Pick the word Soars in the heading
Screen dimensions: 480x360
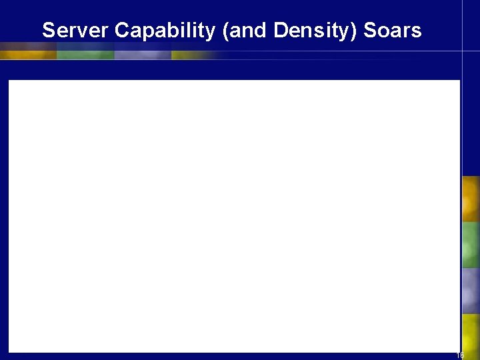(394, 31)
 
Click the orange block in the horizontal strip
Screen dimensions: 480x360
(28, 51)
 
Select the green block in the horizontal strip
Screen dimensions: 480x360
(85, 51)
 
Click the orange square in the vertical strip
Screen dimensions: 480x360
(471, 199)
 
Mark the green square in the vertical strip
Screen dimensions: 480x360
(471, 245)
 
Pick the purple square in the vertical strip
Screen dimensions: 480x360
(471, 291)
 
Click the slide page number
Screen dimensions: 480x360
(460, 355)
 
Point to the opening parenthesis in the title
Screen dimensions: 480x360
(227, 31)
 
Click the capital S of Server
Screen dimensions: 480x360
(48, 31)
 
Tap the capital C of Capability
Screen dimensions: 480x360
(121, 31)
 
